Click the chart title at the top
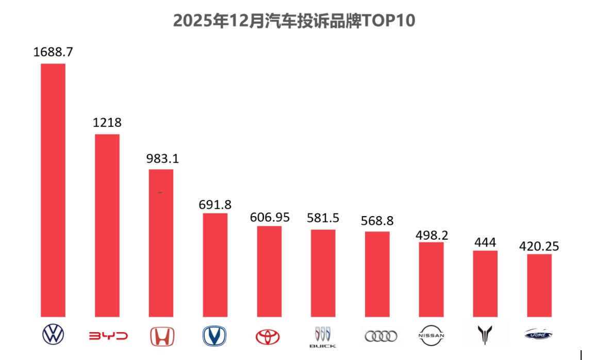click(294, 21)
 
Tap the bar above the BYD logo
click(107, 225)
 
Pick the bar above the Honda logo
click(161, 243)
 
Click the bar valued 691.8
click(215, 265)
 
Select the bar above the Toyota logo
click(269, 271)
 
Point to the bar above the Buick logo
click(323, 273)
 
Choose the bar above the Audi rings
click(377, 274)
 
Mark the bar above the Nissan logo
click(431, 279)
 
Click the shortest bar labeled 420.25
click(539, 285)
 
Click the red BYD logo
click(107, 336)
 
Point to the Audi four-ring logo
click(381, 336)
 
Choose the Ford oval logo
click(538, 335)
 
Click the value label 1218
click(107, 123)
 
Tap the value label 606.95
click(270, 217)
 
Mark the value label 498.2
click(432, 235)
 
